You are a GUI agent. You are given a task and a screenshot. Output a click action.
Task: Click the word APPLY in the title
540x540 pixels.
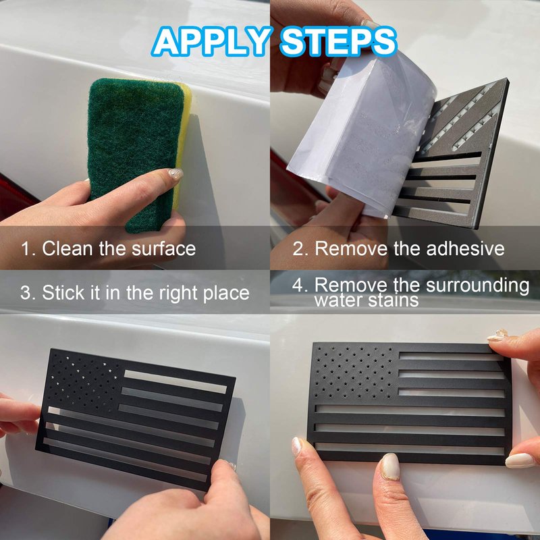click(x=211, y=41)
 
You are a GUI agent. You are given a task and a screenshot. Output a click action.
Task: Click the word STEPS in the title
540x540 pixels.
click(x=339, y=41)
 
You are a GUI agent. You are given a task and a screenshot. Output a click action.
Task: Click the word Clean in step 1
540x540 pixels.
click(x=67, y=248)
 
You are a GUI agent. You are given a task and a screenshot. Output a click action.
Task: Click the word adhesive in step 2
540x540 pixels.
click(x=465, y=248)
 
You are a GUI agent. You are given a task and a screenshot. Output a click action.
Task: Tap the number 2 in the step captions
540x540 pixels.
click(x=297, y=248)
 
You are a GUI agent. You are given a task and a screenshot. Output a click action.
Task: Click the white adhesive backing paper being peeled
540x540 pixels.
click(x=362, y=134)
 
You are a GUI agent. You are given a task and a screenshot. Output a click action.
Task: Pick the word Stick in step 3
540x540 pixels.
click(x=63, y=293)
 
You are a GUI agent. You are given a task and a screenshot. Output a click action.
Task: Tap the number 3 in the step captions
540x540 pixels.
click(x=26, y=293)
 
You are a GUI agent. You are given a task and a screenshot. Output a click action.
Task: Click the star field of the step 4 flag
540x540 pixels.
click(x=355, y=373)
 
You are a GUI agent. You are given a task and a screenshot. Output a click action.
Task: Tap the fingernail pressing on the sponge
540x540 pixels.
click(x=175, y=173)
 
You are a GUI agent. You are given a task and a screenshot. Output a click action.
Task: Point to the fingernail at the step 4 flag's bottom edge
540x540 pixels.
click(x=390, y=466)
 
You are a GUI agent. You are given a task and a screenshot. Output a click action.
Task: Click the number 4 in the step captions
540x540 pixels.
click(x=298, y=285)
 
